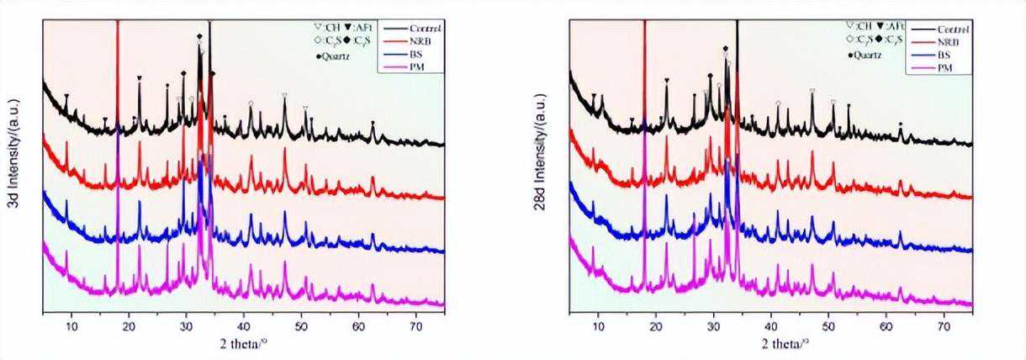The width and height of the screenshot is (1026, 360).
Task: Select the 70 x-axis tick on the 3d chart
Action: pyautogui.click(x=416, y=324)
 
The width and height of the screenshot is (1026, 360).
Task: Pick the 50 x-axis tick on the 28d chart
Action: pyautogui.click(x=828, y=324)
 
